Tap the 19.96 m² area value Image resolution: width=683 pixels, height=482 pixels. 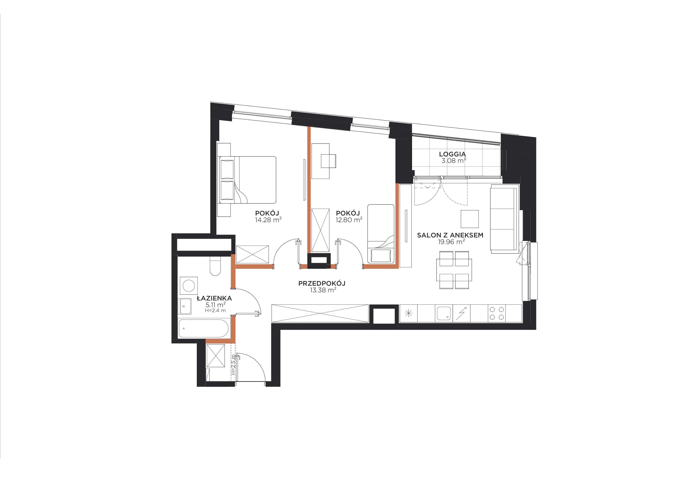tap(451, 242)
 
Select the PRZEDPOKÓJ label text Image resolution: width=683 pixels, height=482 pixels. tap(322, 283)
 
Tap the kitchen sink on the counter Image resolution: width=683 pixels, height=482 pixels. tap(444, 313)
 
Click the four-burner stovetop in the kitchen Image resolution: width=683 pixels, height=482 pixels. tap(497, 313)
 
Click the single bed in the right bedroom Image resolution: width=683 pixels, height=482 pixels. tap(381, 234)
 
